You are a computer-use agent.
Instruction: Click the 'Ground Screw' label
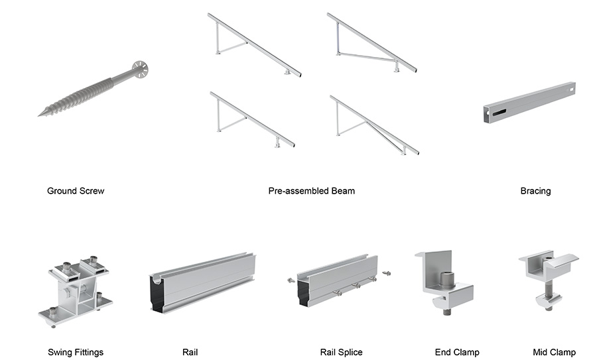[x=76, y=191]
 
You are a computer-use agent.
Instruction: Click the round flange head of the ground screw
[x=139, y=68]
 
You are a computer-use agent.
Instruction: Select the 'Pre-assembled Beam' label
[x=311, y=191]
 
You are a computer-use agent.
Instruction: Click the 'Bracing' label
[x=535, y=191]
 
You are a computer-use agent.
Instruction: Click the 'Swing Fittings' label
[x=76, y=352]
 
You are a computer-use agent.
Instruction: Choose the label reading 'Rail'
[x=190, y=352]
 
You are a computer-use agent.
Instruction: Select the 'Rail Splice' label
[x=341, y=352]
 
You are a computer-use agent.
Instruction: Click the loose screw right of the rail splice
[x=386, y=272]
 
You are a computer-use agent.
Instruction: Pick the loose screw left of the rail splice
[x=291, y=280]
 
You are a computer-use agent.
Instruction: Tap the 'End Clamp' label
[x=457, y=352]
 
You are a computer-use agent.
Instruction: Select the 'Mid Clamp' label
[x=554, y=352]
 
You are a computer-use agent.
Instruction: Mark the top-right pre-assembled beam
[x=371, y=42]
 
